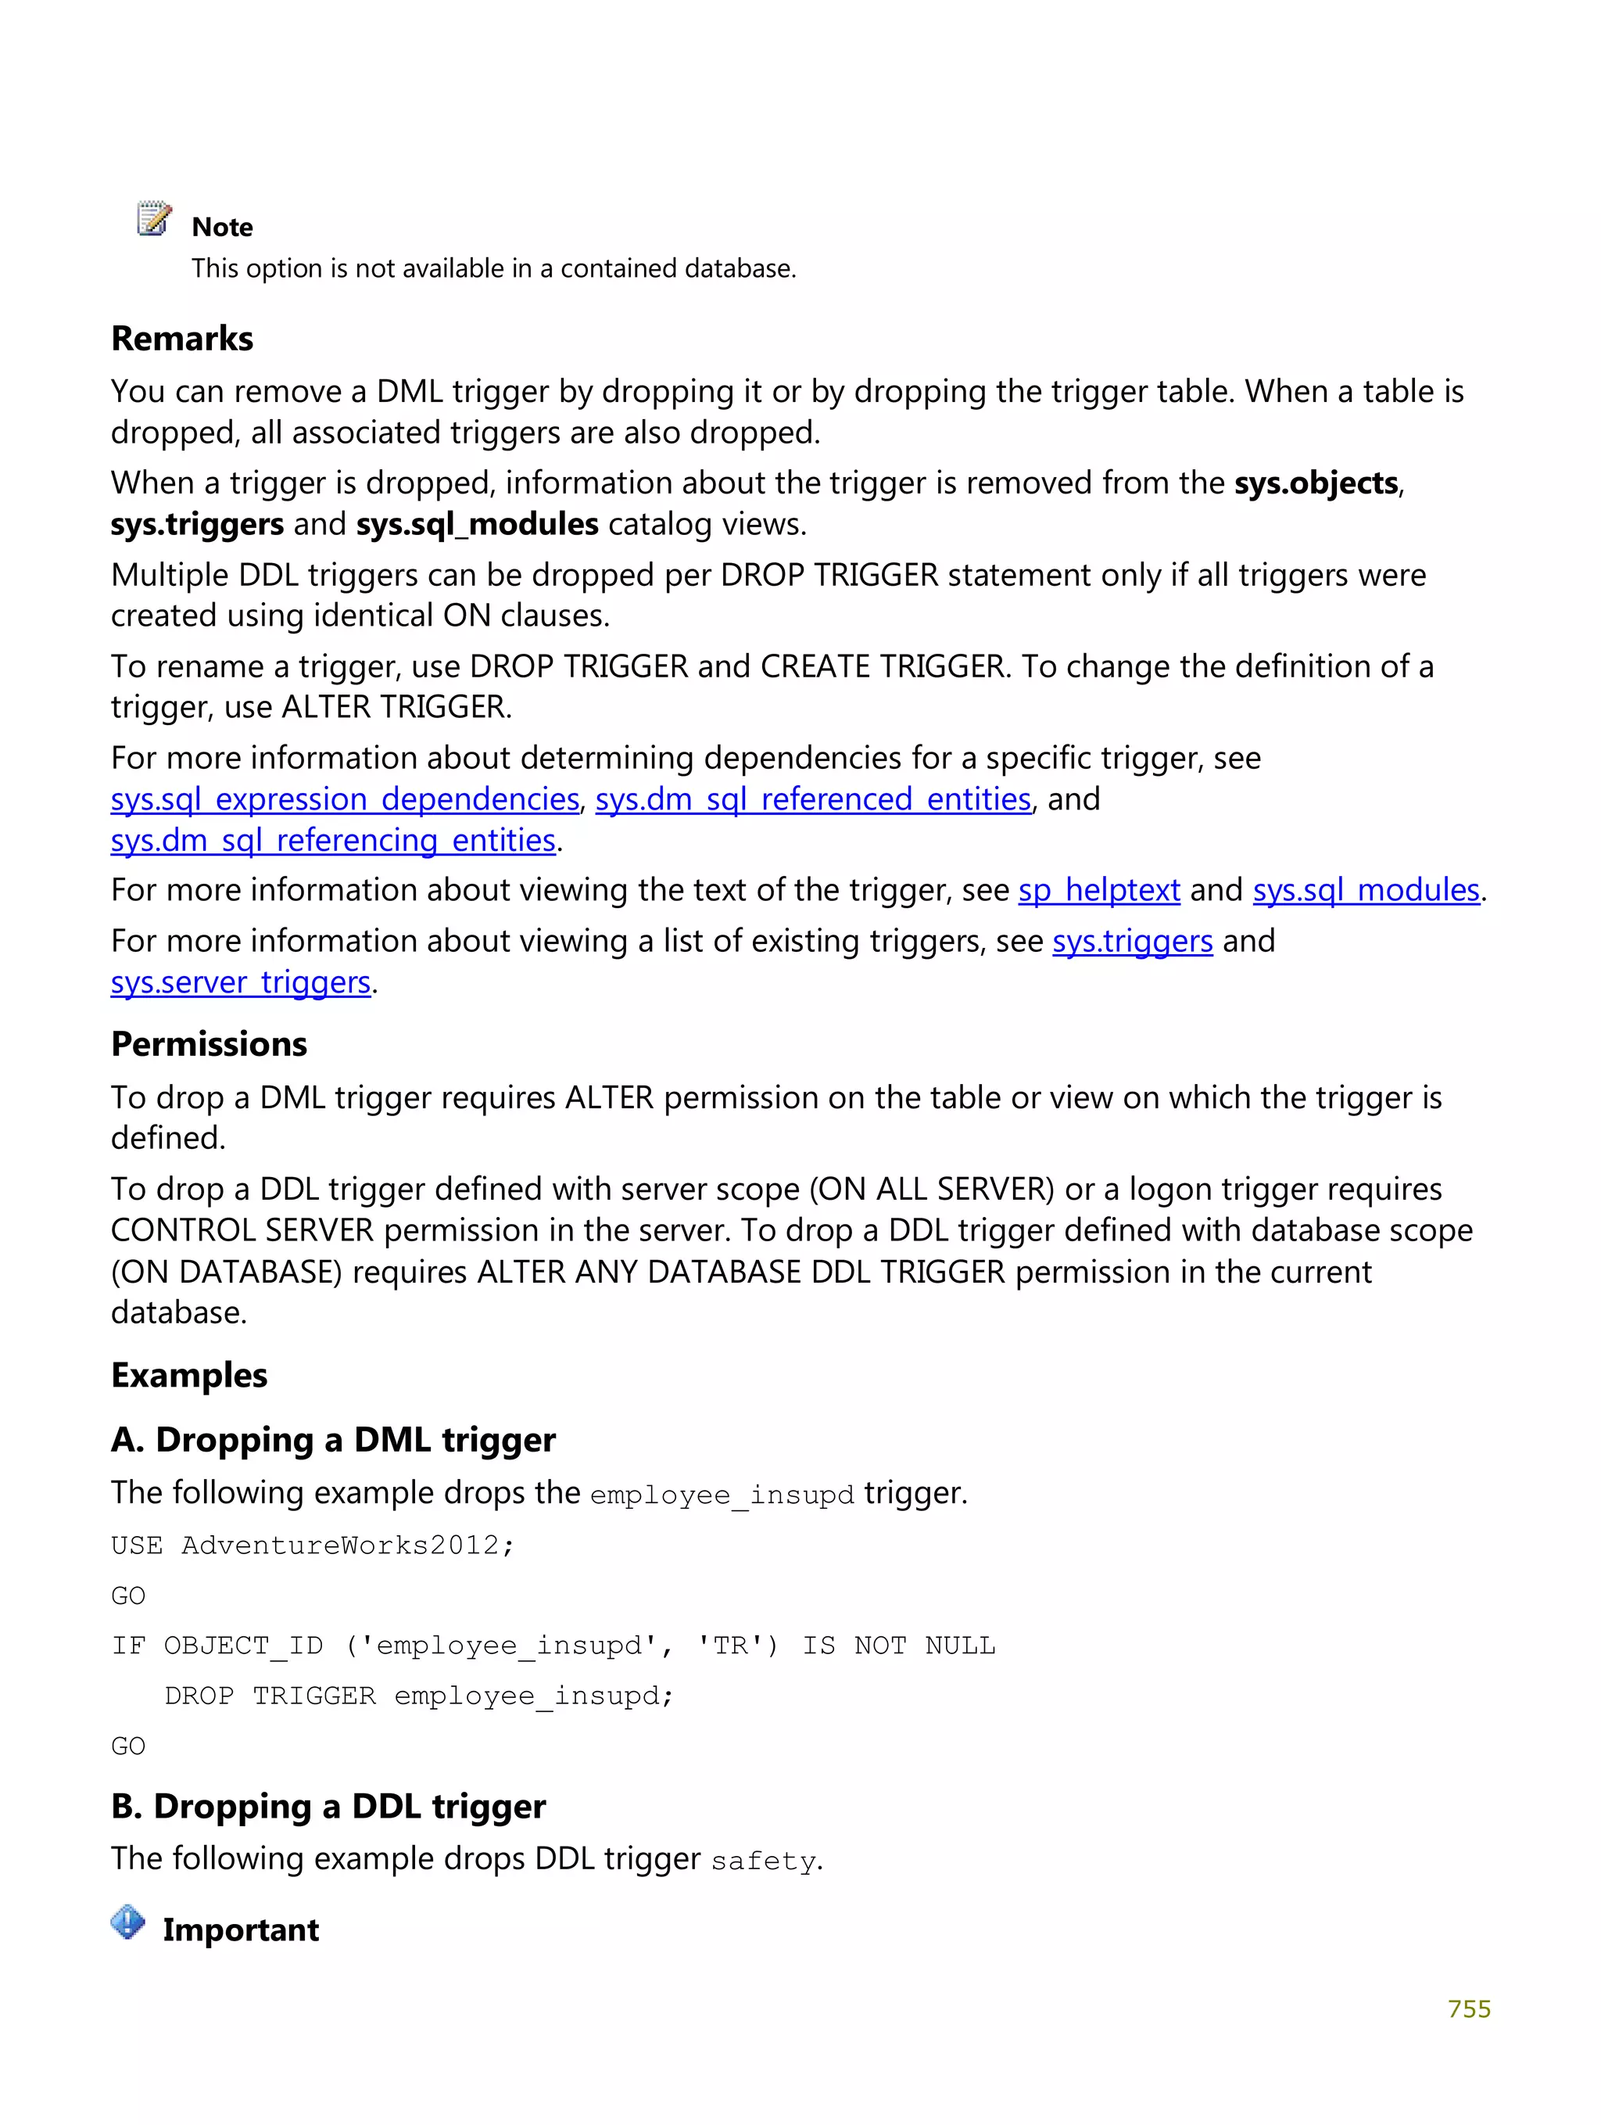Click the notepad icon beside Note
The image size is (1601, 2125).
point(154,219)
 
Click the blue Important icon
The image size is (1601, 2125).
point(127,1922)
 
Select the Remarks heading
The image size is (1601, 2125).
point(181,339)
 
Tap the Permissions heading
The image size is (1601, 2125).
point(209,1044)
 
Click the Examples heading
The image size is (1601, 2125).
point(188,1375)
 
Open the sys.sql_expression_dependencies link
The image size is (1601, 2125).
point(345,799)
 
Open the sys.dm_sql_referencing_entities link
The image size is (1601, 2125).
point(333,841)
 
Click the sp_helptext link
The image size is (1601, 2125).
point(1098,891)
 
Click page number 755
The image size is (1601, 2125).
point(1468,2008)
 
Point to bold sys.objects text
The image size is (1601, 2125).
point(1315,483)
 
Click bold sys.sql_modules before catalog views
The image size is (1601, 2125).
point(478,525)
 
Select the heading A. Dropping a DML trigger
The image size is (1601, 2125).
point(333,1440)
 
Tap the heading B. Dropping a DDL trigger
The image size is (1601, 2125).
point(328,1806)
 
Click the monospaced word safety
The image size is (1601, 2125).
point(762,1861)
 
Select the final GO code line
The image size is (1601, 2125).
point(127,1746)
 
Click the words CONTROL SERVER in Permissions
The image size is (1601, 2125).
point(241,1230)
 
